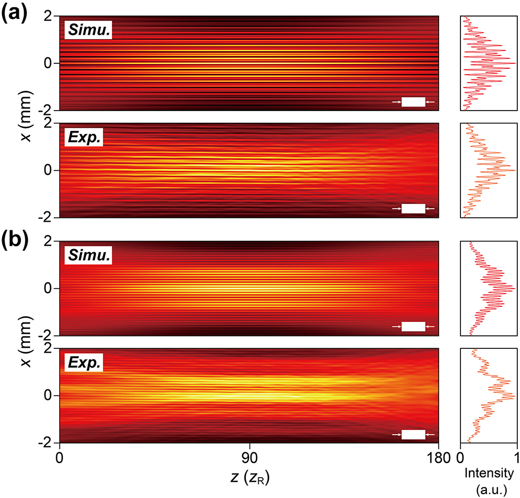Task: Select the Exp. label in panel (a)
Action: (84, 138)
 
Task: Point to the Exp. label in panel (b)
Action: (84, 363)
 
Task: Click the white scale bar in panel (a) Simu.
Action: (413, 101)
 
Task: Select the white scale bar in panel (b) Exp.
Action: (413, 434)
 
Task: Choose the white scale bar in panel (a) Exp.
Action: (413, 208)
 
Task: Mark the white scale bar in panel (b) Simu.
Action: (413, 326)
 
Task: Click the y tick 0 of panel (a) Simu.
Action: (48, 63)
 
